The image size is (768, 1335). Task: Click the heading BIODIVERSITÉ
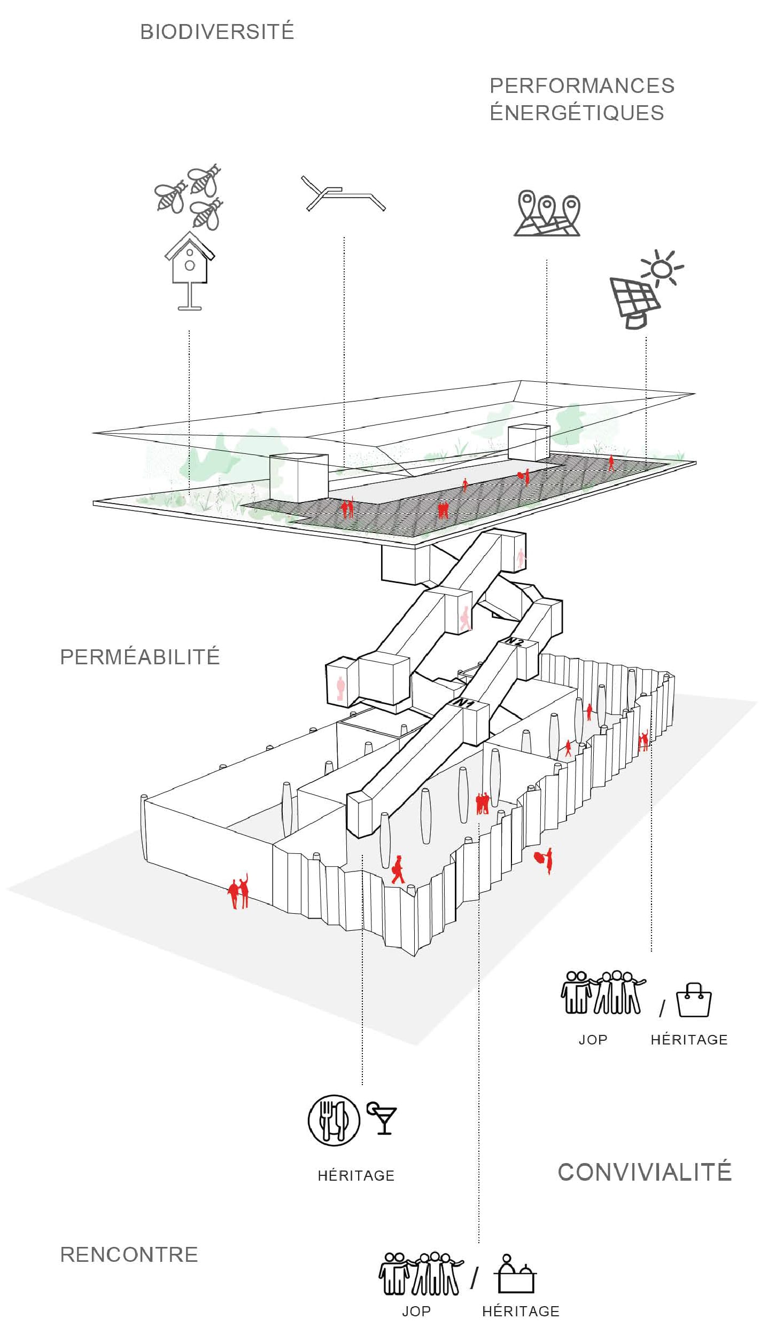coord(217,32)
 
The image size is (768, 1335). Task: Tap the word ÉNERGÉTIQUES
coord(577,113)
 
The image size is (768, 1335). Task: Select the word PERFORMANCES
coord(582,85)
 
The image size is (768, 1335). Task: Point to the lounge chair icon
coord(343,193)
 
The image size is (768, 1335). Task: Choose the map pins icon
coord(547,213)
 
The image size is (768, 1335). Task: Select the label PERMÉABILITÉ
coord(140,657)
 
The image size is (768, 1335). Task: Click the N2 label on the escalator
coord(514,641)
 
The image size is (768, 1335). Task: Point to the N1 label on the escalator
coord(463,703)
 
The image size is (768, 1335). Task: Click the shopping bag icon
coord(694,1000)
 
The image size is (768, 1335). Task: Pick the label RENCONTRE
coord(129,1254)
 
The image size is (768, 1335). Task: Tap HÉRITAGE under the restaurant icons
coord(356,1176)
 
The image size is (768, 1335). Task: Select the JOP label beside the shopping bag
coord(593,1040)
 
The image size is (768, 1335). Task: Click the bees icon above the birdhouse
coord(189,196)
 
